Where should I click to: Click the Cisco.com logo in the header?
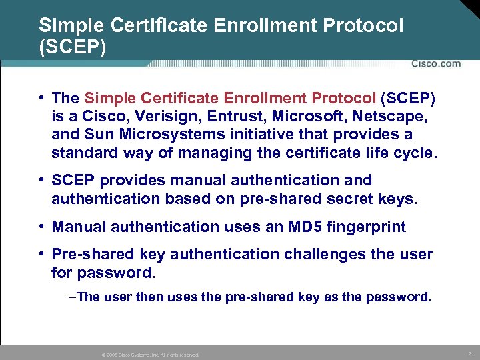coord(436,64)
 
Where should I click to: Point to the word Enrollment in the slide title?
coord(247,26)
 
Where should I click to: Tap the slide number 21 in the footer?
coord(471,353)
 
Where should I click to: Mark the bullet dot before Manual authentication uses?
coord(41,227)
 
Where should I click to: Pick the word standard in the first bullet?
coord(79,153)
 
